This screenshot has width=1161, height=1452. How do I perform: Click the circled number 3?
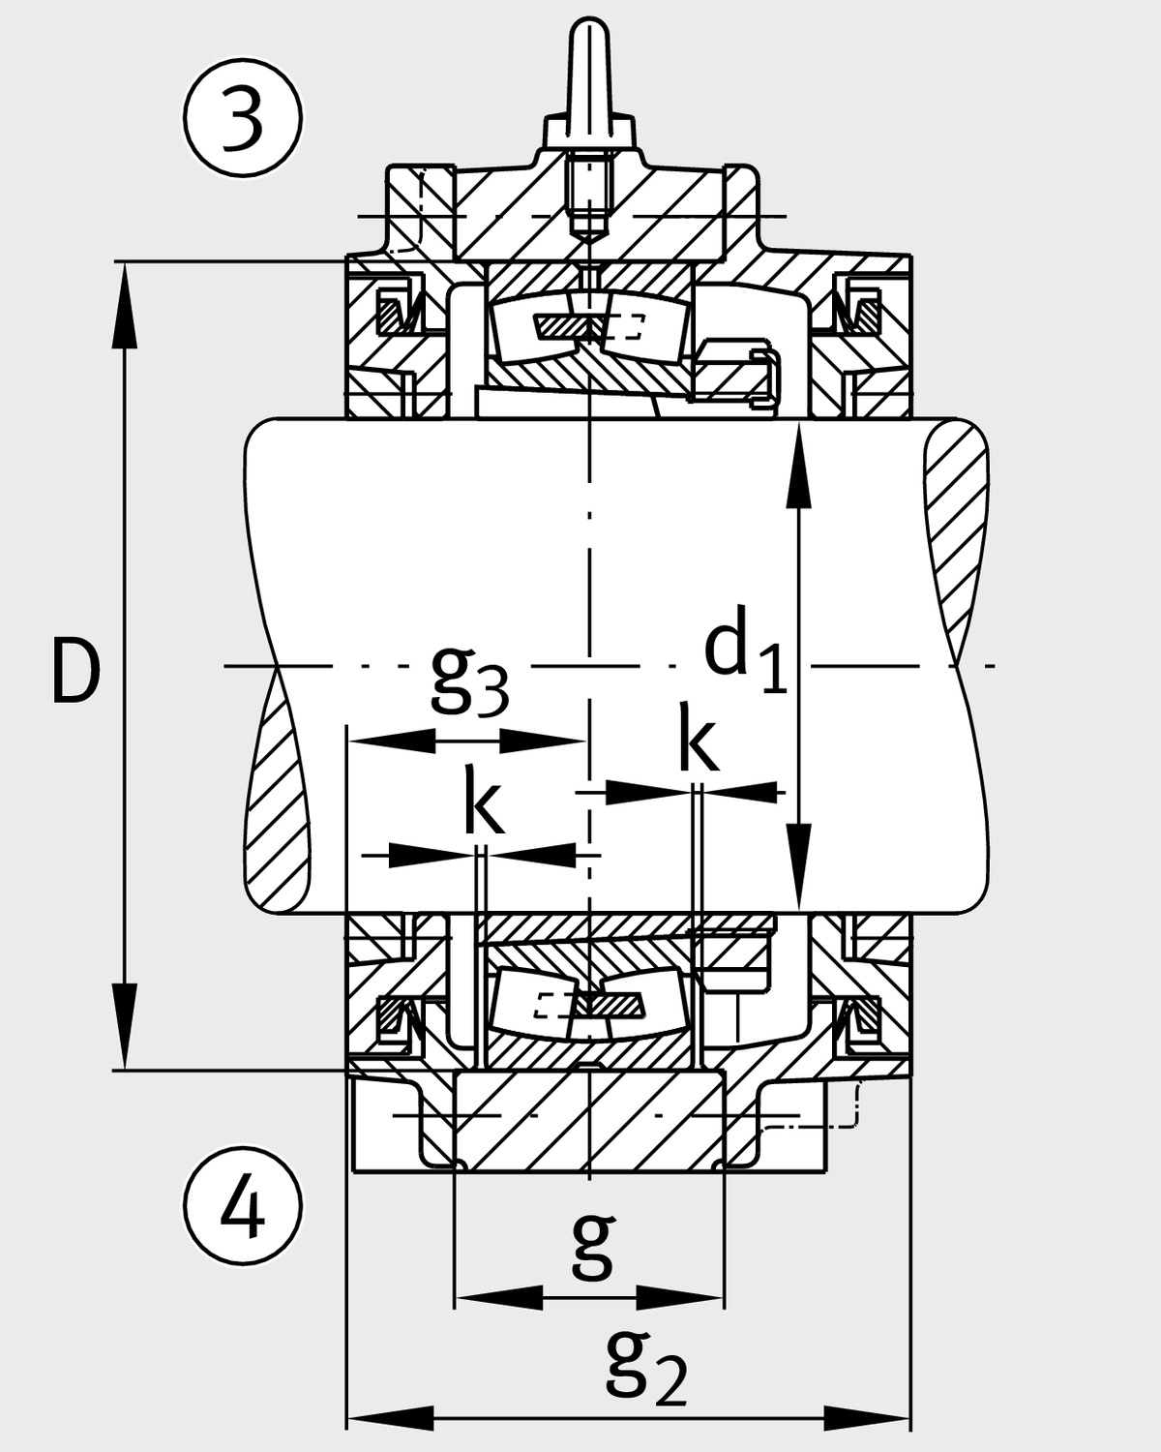point(242,117)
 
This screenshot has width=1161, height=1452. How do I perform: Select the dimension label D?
point(75,673)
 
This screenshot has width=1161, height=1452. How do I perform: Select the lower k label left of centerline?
point(484,803)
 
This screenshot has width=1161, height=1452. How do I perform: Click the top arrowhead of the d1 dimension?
point(799,465)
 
